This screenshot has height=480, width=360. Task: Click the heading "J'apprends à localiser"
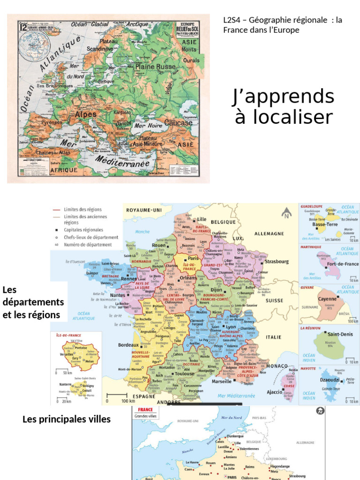coord(284,106)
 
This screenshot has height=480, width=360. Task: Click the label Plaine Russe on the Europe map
coord(156,67)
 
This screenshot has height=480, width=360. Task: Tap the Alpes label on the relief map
coord(86,114)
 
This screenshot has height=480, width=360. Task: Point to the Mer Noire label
coord(148,126)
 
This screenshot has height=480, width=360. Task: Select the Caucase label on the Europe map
coord(178,123)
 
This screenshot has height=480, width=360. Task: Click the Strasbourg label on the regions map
coord(277,262)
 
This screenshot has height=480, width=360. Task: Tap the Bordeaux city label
coord(128,345)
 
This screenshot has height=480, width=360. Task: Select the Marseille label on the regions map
coord(222,382)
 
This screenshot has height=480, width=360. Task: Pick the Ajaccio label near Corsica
coord(275,392)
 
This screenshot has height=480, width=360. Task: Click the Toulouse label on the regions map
coord(184,374)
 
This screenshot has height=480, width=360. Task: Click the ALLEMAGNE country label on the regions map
coord(269,233)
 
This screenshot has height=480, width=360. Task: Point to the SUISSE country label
coord(275,300)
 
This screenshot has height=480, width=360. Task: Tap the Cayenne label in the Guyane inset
coord(327,299)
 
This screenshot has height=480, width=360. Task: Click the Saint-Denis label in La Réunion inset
coord(340,334)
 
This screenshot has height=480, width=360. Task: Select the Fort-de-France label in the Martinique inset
coord(343,264)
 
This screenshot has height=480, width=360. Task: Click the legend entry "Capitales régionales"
coord(84,230)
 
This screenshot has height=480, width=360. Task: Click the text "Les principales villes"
coord(67,419)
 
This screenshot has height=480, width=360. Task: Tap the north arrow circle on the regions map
coord(285,215)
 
